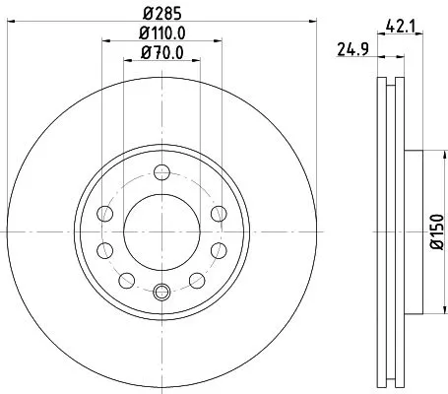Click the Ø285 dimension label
coord(161,14)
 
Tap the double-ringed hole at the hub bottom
coord(161,291)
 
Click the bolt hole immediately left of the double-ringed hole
coord(124,281)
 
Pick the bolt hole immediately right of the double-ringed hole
coord(199,281)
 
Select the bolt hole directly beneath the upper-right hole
coord(218,247)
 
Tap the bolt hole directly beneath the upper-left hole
coord(105,247)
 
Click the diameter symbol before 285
coord(146,14)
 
